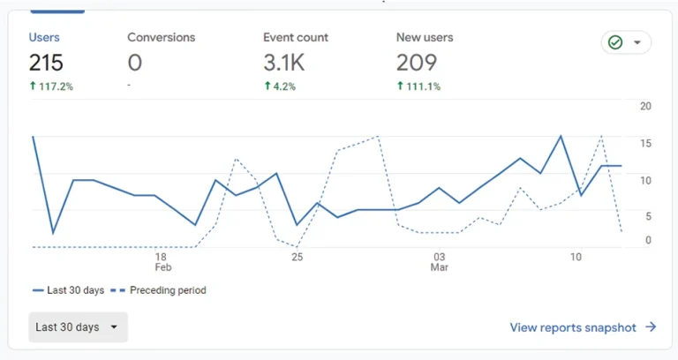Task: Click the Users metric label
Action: click(44, 38)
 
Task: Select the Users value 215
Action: click(46, 63)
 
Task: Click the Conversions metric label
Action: click(161, 38)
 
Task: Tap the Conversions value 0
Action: click(134, 63)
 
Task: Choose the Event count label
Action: click(295, 38)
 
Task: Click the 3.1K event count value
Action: click(283, 63)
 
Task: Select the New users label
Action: click(425, 38)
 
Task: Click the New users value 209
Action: click(417, 63)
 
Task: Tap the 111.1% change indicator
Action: click(418, 86)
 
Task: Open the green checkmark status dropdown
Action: click(625, 42)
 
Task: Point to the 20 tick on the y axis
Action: click(645, 106)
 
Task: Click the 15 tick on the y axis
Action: click(645, 143)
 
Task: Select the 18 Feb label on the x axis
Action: click(162, 261)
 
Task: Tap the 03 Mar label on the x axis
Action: click(439, 261)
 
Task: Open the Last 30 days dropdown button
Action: click(78, 326)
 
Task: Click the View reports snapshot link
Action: click(583, 327)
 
